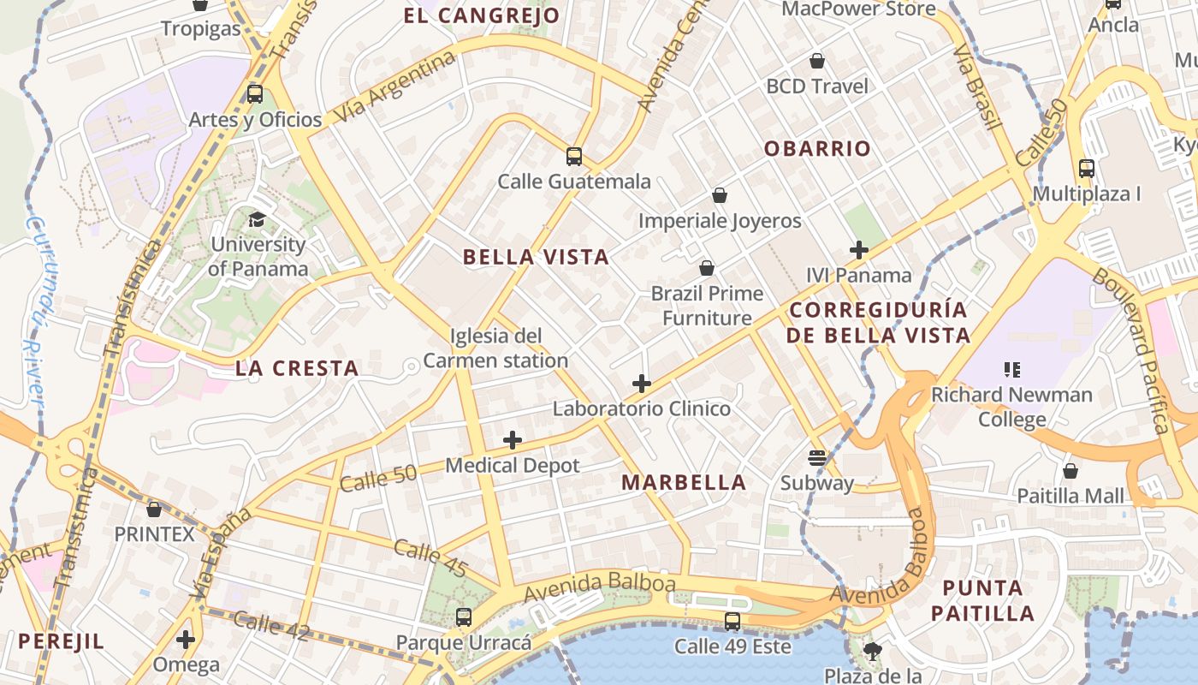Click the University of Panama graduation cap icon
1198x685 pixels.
pos(256,219)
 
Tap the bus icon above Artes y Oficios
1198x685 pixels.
pos(254,94)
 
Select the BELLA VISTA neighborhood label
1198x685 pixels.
pos(536,257)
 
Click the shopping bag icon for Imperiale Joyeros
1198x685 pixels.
pos(720,196)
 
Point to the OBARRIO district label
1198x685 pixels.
pos(817,149)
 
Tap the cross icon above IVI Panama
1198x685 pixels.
pos(859,250)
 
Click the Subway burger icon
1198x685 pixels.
pos(817,457)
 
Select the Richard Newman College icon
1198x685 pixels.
pos(1012,370)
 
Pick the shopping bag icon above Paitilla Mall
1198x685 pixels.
pos(1070,471)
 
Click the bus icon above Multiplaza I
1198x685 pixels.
pos(1087,169)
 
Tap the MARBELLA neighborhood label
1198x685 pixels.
pos(684,483)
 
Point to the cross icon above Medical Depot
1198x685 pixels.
pos(513,441)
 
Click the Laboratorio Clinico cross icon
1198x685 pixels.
pos(642,384)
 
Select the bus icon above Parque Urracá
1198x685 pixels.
pos(463,616)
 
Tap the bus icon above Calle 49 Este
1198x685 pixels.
pos(732,622)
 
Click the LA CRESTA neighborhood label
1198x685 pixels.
pos(297,369)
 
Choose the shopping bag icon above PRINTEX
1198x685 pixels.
pos(154,509)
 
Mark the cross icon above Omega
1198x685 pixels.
pos(186,640)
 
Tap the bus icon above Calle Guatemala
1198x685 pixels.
pos(574,157)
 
